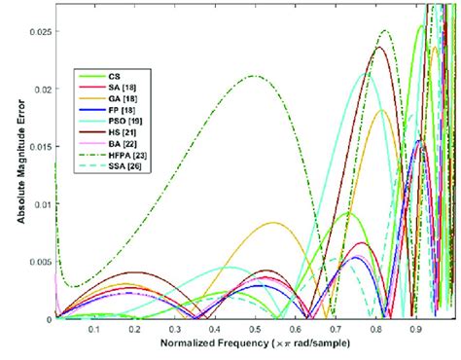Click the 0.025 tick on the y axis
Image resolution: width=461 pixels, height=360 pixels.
(x=40, y=32)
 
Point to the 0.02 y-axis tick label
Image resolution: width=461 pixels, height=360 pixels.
(x=42, y=90)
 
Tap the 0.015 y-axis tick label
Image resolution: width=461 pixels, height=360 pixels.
(x=40, y=147)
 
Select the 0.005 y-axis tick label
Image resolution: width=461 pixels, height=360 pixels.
(x=40, y=262)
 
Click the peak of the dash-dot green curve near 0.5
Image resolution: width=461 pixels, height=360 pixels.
(x=254, y=76)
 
